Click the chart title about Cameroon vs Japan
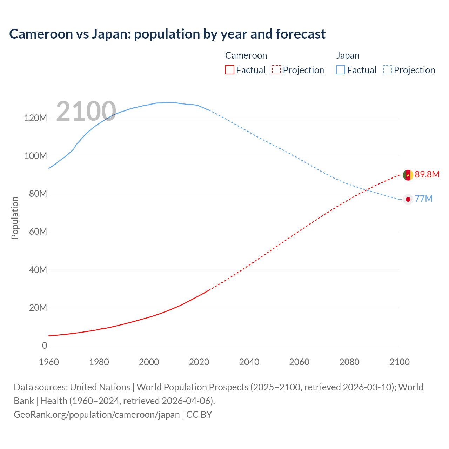(x=167, y=34)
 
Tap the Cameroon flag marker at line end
(x=408, y=175)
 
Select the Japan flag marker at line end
(x=408, y=199)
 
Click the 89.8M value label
(x=427, y=174)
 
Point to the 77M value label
(x=424, y=199)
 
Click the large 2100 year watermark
(x=86, y=111)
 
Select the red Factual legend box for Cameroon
(x=229, y=70)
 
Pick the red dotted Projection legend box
(x=276, y=70)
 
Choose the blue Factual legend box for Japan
(x=340, y=70)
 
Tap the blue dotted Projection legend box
(x=388, y=70)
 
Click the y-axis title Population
(x=15, y=218)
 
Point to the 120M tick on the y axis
(x=35, y=118)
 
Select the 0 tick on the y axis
(x=44, y=346)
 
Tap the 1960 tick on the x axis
(x=49, y=362)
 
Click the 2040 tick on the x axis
(x=249, y=362)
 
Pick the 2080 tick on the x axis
(x=349, y=362)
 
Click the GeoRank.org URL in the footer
(x=96, y=415)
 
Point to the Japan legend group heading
(x=348, y=55)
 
